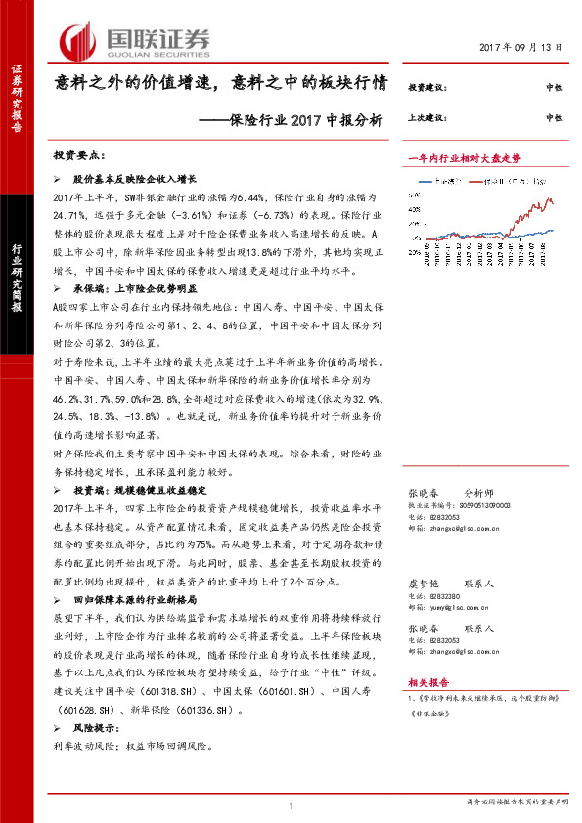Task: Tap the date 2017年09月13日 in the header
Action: pos(523,48)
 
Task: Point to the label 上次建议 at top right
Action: pos(427,117)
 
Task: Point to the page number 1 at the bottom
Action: pos(291,805)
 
